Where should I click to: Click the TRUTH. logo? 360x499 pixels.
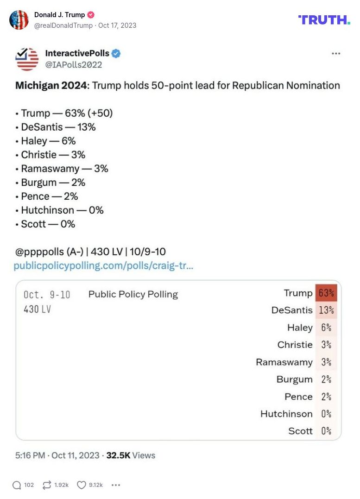324,19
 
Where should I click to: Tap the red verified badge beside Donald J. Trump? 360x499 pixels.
91,15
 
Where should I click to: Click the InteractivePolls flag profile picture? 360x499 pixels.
27,59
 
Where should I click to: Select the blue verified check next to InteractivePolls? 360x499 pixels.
116,54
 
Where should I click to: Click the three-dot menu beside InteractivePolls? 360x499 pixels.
336,54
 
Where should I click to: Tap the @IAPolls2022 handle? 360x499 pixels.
73,65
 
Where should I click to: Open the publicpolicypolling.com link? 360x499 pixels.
103,266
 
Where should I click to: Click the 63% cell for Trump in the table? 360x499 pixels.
326,293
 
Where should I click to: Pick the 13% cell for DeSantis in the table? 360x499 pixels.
326,310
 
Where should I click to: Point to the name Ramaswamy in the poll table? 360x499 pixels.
284,362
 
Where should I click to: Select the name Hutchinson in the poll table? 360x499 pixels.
286,414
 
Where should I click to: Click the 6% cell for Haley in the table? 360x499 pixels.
326,328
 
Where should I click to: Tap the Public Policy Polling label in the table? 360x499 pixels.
133,294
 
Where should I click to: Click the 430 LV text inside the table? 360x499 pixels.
37,309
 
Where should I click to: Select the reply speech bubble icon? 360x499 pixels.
17,485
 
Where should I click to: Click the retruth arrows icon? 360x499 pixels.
46,485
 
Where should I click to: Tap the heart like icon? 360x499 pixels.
81,485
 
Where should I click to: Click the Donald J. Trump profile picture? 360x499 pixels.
19,19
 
